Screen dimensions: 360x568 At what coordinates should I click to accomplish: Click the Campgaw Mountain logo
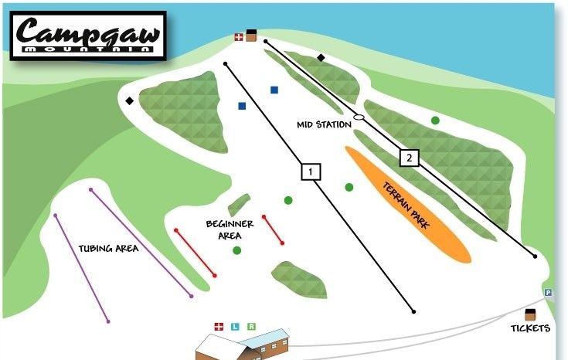click(x=90, y=36)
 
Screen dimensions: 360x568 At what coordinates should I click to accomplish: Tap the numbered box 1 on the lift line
click(x=311, y=171)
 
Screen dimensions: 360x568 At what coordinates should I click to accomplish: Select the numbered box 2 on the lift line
click(x=409, y=158)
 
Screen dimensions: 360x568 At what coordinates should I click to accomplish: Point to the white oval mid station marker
click(x=359, y=117)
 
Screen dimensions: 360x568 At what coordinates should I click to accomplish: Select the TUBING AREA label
click(x=108, y=248)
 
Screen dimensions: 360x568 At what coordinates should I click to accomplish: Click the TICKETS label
click(x=529, y=328)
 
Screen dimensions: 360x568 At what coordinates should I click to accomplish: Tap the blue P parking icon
click(x=548, y=293)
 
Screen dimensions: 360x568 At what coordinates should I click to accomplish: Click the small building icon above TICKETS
click(x=530, y=314)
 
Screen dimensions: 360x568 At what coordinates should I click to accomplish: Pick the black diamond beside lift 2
click(x=321, y=57)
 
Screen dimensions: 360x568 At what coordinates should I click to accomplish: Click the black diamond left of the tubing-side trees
click(x=130, y=100)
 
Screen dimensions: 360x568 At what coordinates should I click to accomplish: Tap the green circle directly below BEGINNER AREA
click(x=236, y=250)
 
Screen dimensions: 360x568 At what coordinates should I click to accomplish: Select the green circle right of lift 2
click(x=435, y=121)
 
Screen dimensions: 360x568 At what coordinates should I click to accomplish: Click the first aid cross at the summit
click(x=239, y=36)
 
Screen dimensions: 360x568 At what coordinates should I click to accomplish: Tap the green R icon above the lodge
click(x=251, y=327)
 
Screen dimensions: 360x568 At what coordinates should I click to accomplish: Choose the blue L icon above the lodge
click(x=235, y=327)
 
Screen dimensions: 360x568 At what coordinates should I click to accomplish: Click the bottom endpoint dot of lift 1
click(x=414, y=311)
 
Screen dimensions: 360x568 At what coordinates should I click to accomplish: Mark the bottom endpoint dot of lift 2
click(x=534, y=256)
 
